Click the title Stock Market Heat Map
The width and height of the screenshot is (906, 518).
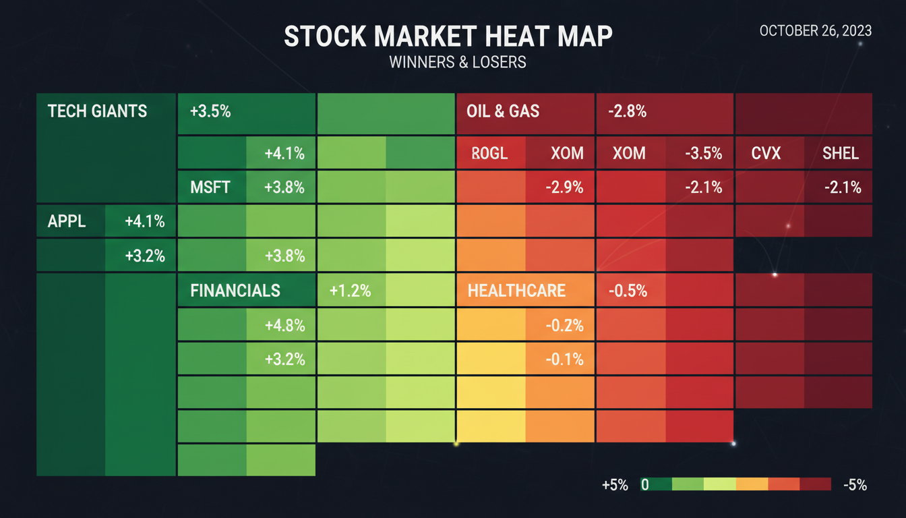(448, 36)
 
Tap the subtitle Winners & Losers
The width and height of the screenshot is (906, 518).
(457, 62)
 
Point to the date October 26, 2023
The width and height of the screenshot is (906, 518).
(815, 31)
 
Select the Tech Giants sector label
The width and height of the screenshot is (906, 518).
(97, 111)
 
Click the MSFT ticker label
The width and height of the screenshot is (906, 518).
(210, 188)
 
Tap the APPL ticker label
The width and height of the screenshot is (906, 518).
(67, 221)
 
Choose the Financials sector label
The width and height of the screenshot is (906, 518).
(235, 291)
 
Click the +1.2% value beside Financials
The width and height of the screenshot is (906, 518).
(350, 291)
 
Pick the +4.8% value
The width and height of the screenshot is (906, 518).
(284, 326)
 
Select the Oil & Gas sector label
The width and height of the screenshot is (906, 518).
(503, 111)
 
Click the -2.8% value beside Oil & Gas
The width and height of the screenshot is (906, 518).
(627, 111)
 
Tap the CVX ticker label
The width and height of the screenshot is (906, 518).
(766, 153)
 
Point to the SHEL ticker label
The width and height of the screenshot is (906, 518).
(841, 153)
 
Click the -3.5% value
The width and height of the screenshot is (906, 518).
(703, 153)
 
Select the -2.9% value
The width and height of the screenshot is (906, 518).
(564, 188)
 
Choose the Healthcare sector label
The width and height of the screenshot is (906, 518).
(516, 291)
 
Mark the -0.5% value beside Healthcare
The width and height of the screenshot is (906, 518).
(628, 291)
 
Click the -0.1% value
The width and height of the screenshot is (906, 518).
(564, 359)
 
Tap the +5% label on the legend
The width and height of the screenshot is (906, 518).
(614, 485)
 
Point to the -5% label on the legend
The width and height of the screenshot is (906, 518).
(853, 485)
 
